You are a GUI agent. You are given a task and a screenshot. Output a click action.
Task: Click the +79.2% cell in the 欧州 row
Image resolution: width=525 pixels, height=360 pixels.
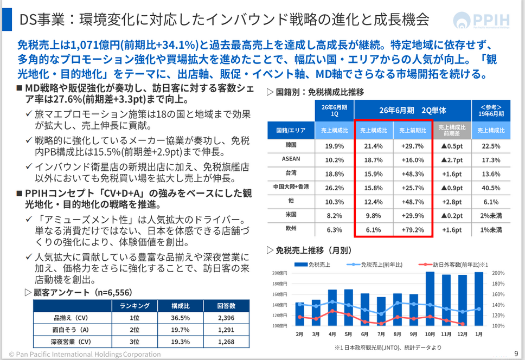[412, 229]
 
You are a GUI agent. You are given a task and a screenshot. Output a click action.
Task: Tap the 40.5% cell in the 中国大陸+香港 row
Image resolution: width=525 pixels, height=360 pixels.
[491, 188]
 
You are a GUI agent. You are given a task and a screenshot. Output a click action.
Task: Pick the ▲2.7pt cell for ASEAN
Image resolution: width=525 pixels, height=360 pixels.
[452, 160]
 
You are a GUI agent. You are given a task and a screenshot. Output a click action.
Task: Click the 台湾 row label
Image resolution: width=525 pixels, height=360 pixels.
[290, 173]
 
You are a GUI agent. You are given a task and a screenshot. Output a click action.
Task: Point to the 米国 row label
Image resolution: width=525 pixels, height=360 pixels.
[290, 215]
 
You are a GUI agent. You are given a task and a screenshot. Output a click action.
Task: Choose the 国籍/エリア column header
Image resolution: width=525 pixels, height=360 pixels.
[290, 130]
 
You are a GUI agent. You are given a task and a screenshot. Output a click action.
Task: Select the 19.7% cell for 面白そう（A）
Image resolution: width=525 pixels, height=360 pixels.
[180, 330]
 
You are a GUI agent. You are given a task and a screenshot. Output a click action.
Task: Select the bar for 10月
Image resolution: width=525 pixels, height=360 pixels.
[430, 299]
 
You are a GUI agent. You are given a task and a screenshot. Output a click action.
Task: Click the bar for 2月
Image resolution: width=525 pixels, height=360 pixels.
[299, 314]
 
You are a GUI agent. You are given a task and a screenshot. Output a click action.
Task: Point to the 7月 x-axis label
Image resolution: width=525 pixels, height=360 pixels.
[381, 334]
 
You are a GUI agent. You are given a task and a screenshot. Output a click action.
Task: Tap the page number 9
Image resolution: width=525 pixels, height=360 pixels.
[515, 354]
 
